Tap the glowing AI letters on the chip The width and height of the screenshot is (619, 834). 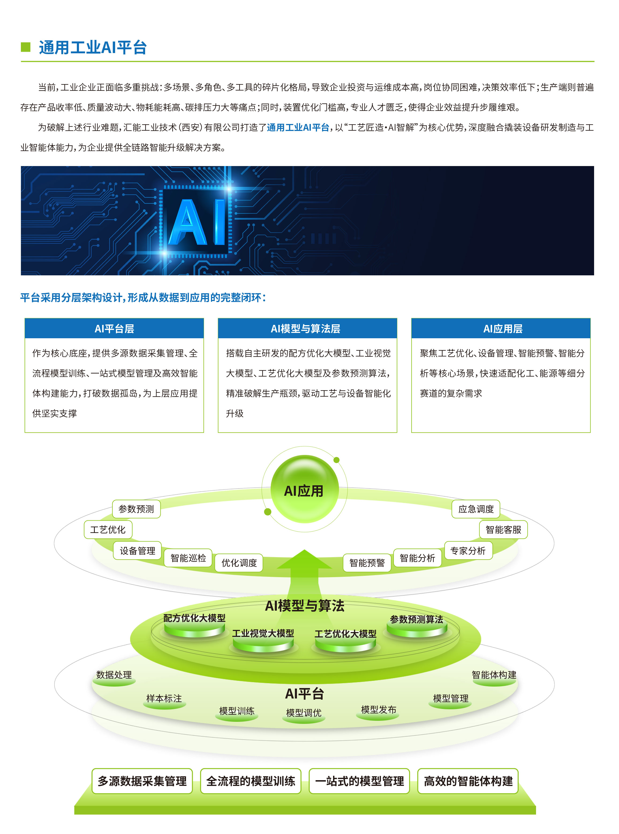[198, 222]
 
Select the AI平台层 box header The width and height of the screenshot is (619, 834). [114, 329]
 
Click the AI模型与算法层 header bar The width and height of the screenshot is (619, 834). [307, 329]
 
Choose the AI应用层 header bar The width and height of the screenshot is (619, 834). [501, 329]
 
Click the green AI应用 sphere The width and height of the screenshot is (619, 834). [305, 489]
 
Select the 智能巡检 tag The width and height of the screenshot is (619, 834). [188, 558]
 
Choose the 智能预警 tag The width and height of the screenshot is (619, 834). [367, 563]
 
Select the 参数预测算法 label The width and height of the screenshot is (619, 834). [416, 619]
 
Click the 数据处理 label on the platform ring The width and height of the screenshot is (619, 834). [114, 675]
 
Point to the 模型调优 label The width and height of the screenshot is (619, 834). [304, 713]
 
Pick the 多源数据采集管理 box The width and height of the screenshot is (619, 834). [142, 781]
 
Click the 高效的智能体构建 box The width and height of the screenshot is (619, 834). [468, 781]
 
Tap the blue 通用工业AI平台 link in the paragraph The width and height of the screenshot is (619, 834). [298, 128]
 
